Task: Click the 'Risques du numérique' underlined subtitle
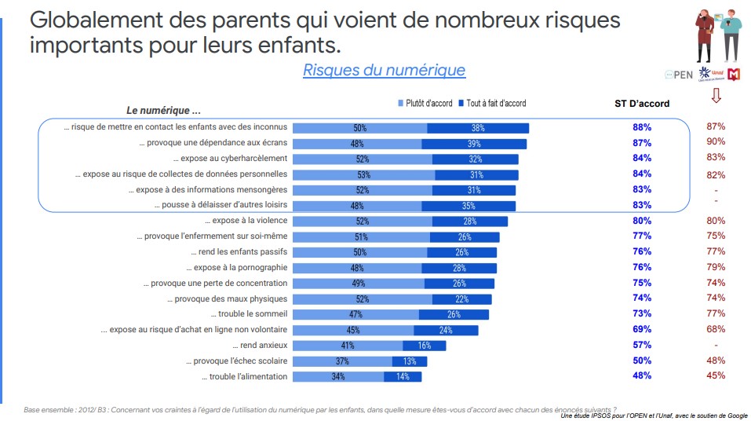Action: (x=384, y=70)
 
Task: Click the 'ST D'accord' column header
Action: (x=642, y=103)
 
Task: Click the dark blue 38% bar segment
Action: (x=478, y=128)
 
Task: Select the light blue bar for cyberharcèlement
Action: (x=362, y=159)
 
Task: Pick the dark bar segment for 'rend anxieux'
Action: (x=424, y=346)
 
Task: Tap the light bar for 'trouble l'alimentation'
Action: (x=338, y=377)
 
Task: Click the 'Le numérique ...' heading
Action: (x=163, y=110)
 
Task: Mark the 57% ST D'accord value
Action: (x=642, y=346)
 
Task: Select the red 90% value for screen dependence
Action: (x=715, y=142)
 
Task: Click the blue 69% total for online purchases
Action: (x=642, y=330)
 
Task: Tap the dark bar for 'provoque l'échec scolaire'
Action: (x=410, y=361)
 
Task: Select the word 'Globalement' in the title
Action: (x=93, y=19)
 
